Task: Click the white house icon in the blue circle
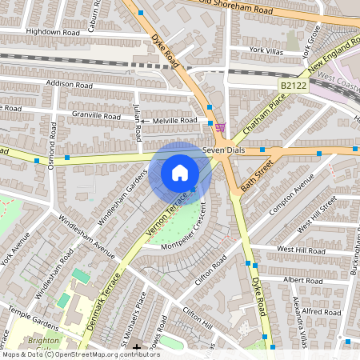[180, 173]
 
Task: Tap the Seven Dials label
[222, 150]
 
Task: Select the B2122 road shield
[293, 85]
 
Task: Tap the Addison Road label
[70, 84]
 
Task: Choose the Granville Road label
[94, 115]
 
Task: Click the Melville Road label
[175, 120]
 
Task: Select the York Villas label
[266, 50]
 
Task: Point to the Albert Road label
[303, 281]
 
